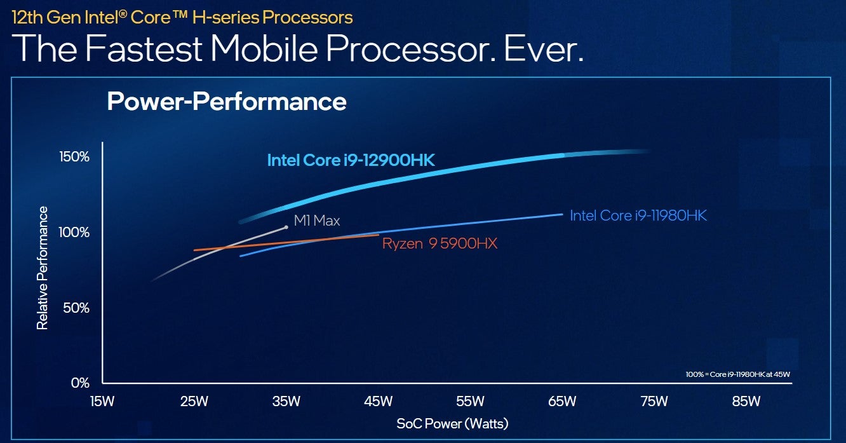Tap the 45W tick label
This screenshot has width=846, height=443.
pyautogui.click(x=378, y=401)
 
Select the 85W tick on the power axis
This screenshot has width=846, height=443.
pyautogui.click(x=746, y=401)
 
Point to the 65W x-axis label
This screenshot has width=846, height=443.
pyautogui.click(x=561, y=401)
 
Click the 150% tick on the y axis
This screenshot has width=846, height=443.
pyautogui.click(x=76, y=157)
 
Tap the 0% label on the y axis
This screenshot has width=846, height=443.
pyautogui.click(x=80, y=383)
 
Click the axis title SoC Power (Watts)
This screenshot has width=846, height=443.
pyautogui.click(x=452, y=423)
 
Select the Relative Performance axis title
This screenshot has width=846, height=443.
pyautogui.click(x=43, y=268)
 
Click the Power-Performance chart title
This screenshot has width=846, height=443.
pyautogui.click(x=227, y=102)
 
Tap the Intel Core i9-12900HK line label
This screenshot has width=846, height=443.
pyautogui.click(x=351, y=160)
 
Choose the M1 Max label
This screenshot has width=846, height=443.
pyautogui.click(x=317, y=221)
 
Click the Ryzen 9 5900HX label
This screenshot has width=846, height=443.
pyautogui.click(x=440, y=243)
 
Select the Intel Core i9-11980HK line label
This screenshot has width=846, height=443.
pyautogui.click(x=638, y=215)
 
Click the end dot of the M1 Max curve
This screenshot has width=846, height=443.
pyautogui.click(x=286, y=227)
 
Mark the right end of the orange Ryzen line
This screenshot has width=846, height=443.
pyautogui.click(x=379, y=235)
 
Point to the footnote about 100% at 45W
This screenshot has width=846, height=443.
pyautogui.click(x=737, y=374)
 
